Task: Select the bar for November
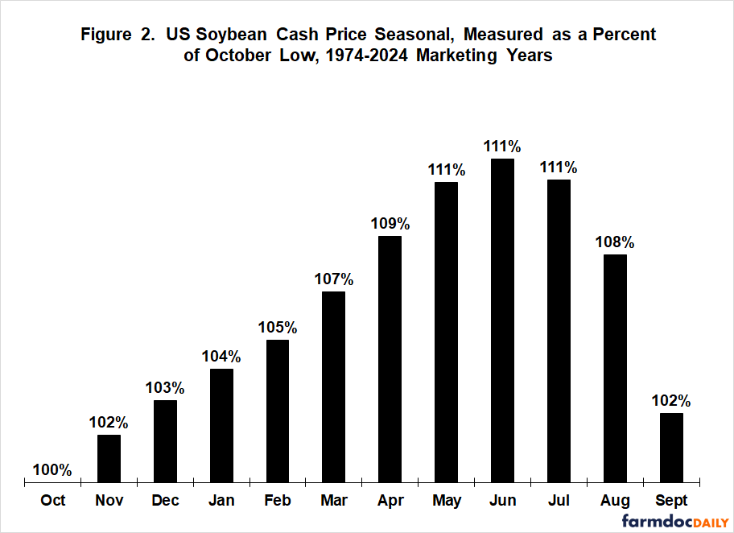(109, 459)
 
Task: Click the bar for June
(503, 320)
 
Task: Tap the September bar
(671, 448)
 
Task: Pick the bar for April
(390, 359)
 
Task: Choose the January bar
(221, 426)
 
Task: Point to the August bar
(615, 369)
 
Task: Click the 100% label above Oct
(53, 469)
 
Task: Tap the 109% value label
(390, 222)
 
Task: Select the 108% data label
(616, 241)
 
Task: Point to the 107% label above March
(334, 279)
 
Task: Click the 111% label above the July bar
(559, 167)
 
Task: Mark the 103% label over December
(165, 387)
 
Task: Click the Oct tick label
(53, 501)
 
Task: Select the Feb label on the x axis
(278, 501)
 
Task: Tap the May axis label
(447, 501)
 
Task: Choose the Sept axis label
(671, 501)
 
